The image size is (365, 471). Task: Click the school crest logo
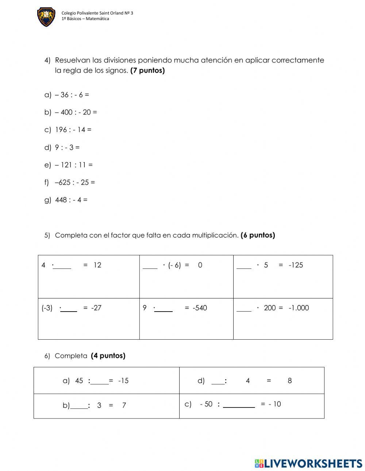coord(46,17)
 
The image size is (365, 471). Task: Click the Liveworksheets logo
coord(308,463)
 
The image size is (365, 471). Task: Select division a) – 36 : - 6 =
coord(72,95)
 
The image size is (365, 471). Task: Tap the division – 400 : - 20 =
coord(76,112)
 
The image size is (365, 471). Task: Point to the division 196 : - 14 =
coord(73,130)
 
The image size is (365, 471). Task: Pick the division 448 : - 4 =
coord(71,200)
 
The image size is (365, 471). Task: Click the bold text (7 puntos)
coord(147,70)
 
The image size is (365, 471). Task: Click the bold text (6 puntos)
coord(258,235)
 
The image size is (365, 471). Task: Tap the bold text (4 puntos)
coord(108,356)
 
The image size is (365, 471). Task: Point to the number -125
coord(296,265)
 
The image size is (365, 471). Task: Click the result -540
coord(200,308)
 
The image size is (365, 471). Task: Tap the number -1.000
coord(299,308)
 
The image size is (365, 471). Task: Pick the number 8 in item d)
coord(289,381)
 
